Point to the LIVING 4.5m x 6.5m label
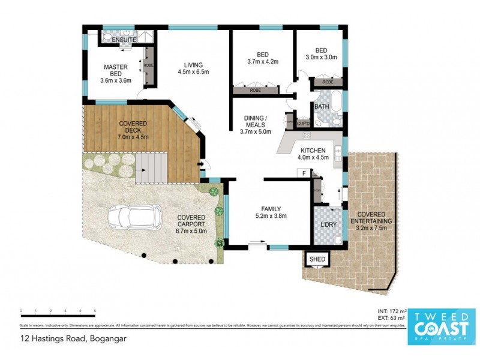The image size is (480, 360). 193,70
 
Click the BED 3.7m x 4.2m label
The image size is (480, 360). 263,57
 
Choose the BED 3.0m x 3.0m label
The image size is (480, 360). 322,54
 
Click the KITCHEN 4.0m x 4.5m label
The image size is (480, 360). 313,154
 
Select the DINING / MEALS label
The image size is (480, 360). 256,124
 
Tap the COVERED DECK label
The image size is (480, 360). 133,129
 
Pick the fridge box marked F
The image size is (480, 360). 304,174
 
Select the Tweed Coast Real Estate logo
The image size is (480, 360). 442,326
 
